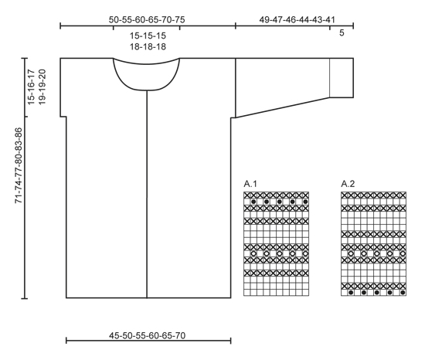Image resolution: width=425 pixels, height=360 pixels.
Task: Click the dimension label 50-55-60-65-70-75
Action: coord(147,20)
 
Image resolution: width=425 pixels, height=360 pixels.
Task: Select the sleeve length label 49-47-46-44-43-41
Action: coord(297,20)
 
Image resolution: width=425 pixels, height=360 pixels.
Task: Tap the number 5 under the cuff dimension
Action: coord(342,32)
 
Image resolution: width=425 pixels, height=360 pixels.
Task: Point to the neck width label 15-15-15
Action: coord(148,36)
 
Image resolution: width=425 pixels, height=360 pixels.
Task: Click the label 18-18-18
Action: coord(148,46)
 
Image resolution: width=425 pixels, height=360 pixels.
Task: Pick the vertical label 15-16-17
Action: coord(32,87)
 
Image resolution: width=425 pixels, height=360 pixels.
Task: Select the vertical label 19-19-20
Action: coord(42,87)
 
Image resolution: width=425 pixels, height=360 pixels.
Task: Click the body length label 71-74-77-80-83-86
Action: coord(19,165)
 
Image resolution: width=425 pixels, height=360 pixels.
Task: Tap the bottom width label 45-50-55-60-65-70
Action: coord(148,335)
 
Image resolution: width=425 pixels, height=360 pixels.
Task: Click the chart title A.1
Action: coord(250,184)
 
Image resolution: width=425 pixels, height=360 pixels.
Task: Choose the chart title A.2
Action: coord(348,184)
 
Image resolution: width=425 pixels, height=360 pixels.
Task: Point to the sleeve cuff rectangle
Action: coord(342,78)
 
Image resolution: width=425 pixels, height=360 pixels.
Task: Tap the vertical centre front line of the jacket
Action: coord(147,194)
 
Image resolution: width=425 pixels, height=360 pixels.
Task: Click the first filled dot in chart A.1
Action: coord(253,202)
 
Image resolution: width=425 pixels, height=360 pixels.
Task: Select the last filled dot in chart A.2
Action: coord(403,293)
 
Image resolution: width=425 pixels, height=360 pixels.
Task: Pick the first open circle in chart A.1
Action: coord(253,253)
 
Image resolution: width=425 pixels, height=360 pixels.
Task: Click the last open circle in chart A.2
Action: coord(403,253)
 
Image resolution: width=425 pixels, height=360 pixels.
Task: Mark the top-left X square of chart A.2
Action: coord(345,195)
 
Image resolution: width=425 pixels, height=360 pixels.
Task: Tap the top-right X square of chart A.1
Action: coord(305,195)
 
